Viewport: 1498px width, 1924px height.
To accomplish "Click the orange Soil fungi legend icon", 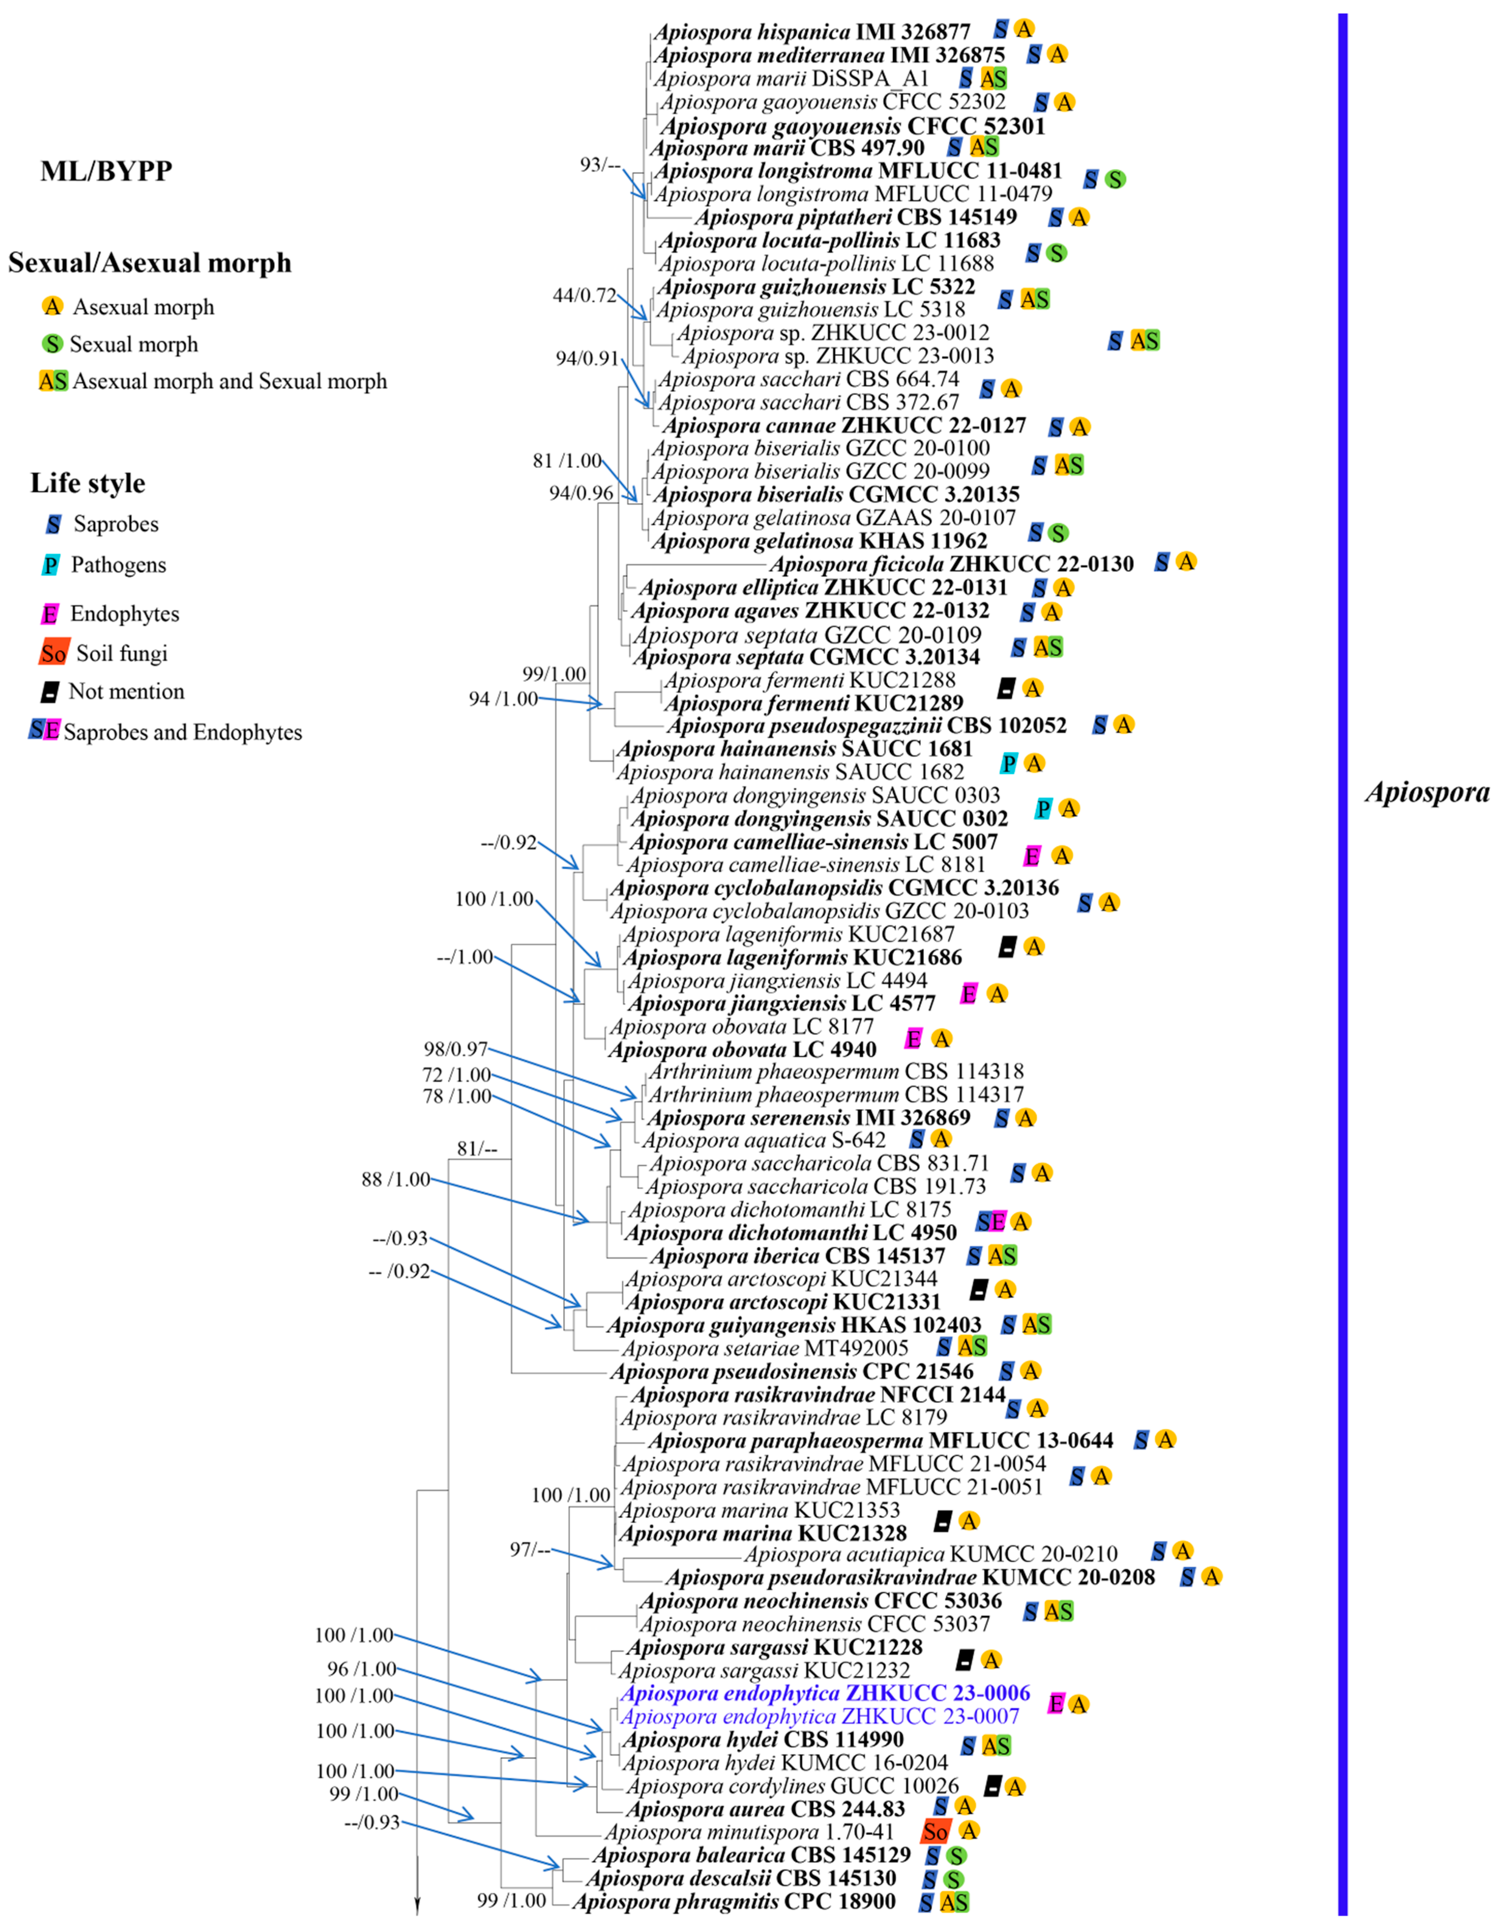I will click(54, 653).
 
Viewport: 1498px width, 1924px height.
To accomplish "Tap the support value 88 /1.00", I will click(395, 1179).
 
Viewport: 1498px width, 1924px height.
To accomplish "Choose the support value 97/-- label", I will click(529, 1549).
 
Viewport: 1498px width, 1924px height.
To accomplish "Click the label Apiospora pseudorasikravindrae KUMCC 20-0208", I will click(909, 1576).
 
